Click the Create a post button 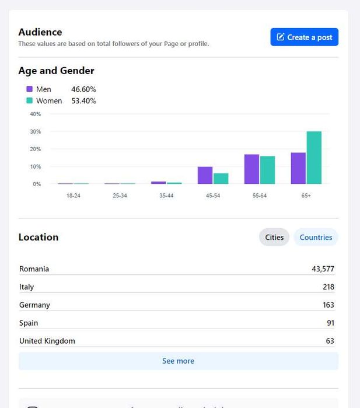pyautogui.click(x=304, y=37)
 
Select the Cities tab pyautogui.click(x=274, y=237)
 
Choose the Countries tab pyautogui.click(x=316, y=237)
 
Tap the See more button pyautogui.click(x=178, y=361)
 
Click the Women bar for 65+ pyautogui.click(x=314, y=158)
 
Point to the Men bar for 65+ pyautogui.click(x=298, y=168)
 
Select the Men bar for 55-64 pyautogui.click(x=251, y=169)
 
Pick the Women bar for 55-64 pyautogui.click(x=267, y=170)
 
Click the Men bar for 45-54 pyautogui.click(x=205, y=175)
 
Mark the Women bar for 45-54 pyautogui.click(x=221, y=178)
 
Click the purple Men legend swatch pyautogui.click(x=29, y=89)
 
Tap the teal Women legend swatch pyautogui.click(x=29, y=100)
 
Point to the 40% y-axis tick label pyautogui.click(x=36, y=114)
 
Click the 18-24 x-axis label pyautogui.click(x=73, y=196)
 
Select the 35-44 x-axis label pyautogui.click(x=166, y=196)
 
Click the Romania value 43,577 pyautogui.click(x=323, y=269)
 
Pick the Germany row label pyautogui.click(x=34, y=305)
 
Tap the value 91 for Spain pyautogui.click(x=330, y=323)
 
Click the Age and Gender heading pyautogui.click(x=56, y=71)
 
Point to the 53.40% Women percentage pyautogui.click(x=83, y=100)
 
